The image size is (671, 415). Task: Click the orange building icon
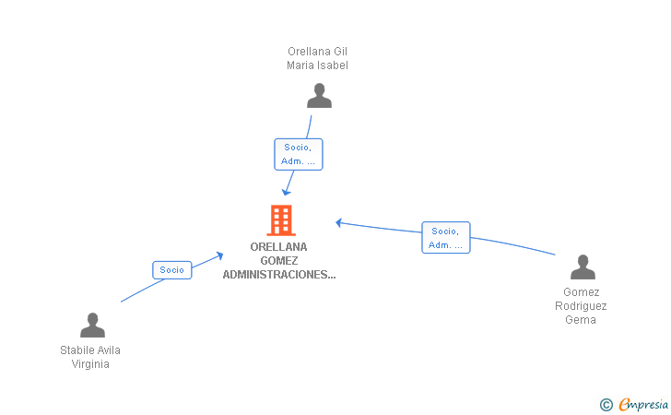[281, 220]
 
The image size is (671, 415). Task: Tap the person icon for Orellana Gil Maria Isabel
[319, 96]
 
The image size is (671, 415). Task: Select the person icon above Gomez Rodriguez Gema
[583, 267]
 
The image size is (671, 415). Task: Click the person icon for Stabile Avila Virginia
[92, 325]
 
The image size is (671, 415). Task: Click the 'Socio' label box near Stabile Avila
[172, 270]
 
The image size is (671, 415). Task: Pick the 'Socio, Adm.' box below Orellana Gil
[299, 154]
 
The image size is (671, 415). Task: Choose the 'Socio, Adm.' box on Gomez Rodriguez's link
[446, 238]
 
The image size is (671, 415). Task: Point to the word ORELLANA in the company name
[278, 247]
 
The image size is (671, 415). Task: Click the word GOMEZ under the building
[279, 261]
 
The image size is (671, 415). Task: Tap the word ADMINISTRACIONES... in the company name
[279, 275]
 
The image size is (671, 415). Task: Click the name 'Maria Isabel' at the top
[317, 65]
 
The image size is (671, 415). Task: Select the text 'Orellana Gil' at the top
[317, 52]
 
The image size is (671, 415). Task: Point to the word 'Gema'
[581, 320]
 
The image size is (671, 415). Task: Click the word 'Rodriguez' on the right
[581, 306]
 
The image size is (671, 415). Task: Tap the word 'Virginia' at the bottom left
[90, 364]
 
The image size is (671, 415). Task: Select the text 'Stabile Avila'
[90, 350]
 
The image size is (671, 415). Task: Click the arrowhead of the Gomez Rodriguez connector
[338, 222]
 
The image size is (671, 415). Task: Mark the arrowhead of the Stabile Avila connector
[220, 255]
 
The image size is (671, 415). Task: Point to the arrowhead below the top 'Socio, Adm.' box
[287, 192]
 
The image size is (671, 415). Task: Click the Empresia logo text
[643, 404]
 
